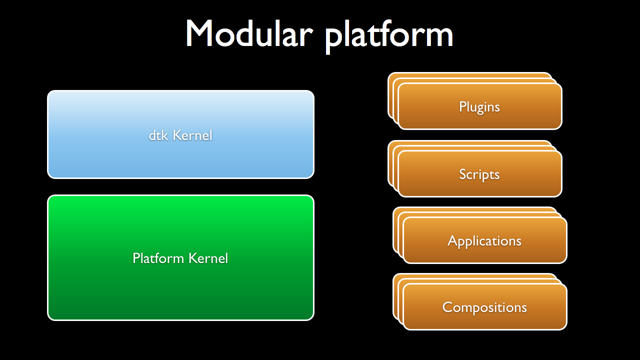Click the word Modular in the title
pos(249,33)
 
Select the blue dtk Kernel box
pos(180,134)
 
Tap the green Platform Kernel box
pos(180,257)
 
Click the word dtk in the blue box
pos(158,135)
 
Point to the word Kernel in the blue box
pos(192,135)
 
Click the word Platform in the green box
pos(158,258)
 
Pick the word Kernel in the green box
pos(208,258)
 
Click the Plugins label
pos(479,107)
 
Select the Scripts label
pos(479,175)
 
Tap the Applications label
pos(484,241)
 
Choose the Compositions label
pos(484,307)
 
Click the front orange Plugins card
pos(480,106)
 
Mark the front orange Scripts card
pos(480,173)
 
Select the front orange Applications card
pos(485,240)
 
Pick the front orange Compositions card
pos(485,307)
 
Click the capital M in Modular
pos(199,33)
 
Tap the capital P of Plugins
pos(462,106)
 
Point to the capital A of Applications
pos(453,240)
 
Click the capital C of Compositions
pos(447,307)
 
